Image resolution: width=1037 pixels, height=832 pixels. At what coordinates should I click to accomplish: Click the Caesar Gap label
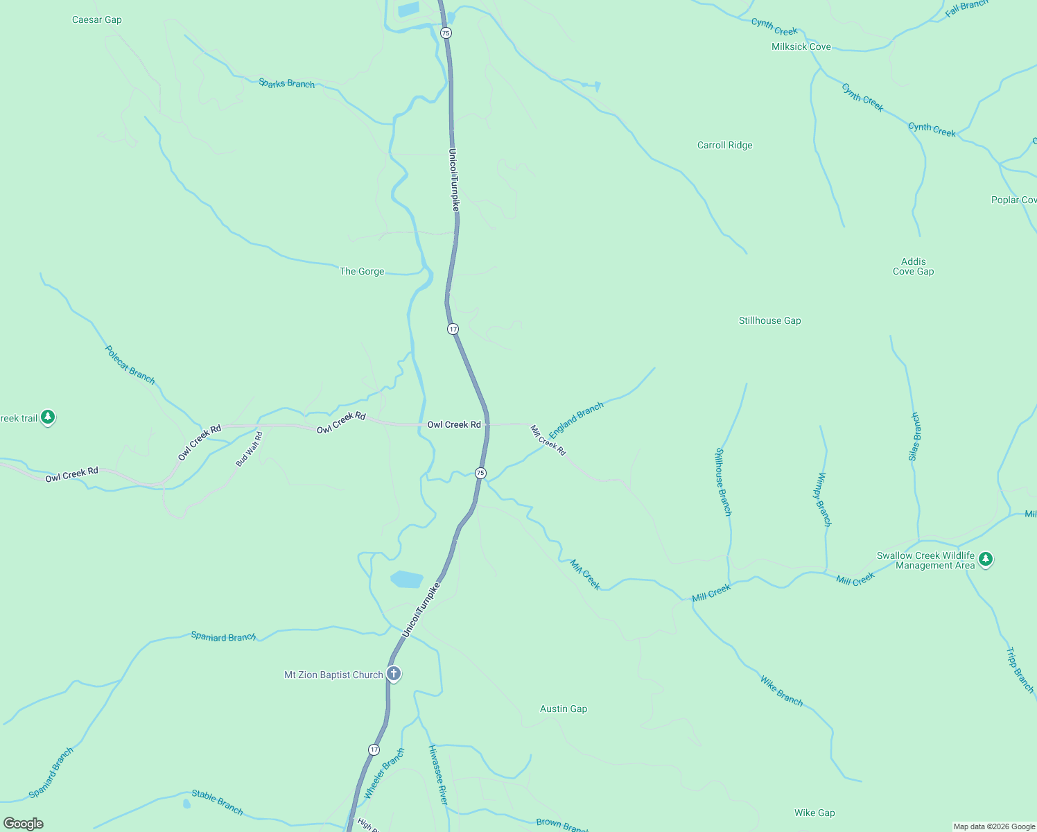pyautogui.click(x=97, y=19)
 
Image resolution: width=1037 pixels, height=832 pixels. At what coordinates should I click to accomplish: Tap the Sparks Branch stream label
pyautogui.click(x=286, y=83)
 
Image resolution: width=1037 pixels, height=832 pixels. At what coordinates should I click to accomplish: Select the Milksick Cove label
pyautogui.click(x=801, y=46)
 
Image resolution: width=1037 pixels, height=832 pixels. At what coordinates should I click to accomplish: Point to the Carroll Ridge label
pyautogui.click(x=724, y=145)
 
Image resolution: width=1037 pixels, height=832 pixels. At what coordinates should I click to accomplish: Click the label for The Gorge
pyautogui.click(x=362, y=271)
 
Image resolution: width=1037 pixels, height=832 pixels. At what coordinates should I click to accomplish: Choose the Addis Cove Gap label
pyautogui.click(x=913, y=266)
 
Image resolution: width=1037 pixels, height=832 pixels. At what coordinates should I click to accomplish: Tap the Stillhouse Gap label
pyautogui.click(x=769, y=320)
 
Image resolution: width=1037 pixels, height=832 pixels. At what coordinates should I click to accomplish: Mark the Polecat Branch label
pyautogui.click(x=130, y=365)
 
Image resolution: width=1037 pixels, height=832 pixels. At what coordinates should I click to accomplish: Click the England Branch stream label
pyautogui.click(x=576, y=420)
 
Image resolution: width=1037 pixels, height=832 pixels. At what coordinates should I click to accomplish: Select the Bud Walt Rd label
pyautogui.click(x=250, y=449)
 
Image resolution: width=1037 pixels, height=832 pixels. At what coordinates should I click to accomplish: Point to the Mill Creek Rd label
pyautogui.click(x=548, y=440)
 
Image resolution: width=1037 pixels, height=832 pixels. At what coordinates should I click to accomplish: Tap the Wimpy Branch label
pyautogui.click(x=823, y=499)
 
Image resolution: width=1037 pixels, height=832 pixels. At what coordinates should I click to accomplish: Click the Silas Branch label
pyautogui.click(x=914, y=437)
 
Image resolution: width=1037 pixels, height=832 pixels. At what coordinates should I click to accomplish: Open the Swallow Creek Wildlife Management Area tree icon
pyautogui.click(x=986, y=559)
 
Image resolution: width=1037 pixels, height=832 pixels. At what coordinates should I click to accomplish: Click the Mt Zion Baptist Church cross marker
pyautogui.click(x=393, y=673)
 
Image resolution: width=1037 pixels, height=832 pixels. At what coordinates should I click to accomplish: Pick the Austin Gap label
pyautogui.click(x=564, y=709)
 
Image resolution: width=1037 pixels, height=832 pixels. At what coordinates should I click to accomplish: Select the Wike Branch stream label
pyautogui.click(x=781, y=691)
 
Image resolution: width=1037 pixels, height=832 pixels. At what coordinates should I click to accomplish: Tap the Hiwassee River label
pyautogui.click(x=438, y=775)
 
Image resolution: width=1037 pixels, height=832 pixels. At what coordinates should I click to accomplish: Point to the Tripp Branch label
pyautogui.click(x=1020, y=670)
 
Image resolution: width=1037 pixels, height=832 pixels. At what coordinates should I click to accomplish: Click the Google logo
pyautogui.click(x=24, y=824)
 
